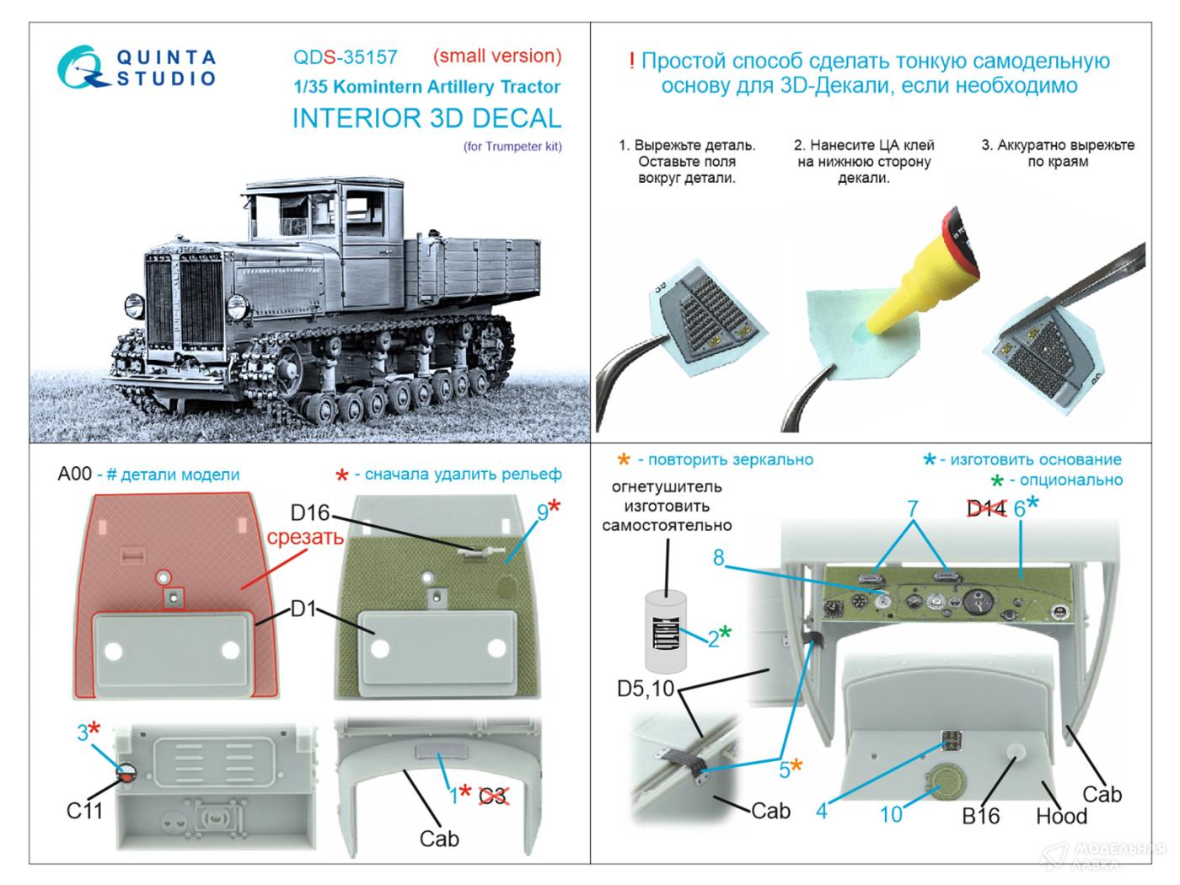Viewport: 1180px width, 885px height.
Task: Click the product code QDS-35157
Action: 345,57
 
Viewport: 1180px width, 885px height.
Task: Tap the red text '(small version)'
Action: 496,56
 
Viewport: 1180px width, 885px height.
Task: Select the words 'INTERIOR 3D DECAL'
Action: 426,118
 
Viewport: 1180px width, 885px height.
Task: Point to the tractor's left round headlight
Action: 133,303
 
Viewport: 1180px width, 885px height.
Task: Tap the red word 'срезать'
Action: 304,537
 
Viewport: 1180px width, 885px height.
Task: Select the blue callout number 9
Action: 542,512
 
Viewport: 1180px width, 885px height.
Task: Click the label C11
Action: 85,811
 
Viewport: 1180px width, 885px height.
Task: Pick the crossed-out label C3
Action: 494,795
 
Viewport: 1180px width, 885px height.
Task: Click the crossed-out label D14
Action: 985,508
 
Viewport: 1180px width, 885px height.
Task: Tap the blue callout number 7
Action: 912,508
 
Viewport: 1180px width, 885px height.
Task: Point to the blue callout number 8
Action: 718,558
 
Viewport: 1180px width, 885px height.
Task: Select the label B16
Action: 981,815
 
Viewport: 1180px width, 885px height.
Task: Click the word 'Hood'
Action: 1062,816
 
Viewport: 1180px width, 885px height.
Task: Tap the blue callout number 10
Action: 891,813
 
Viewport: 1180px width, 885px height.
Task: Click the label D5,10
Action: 646,689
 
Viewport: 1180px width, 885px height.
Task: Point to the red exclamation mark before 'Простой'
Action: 632,62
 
